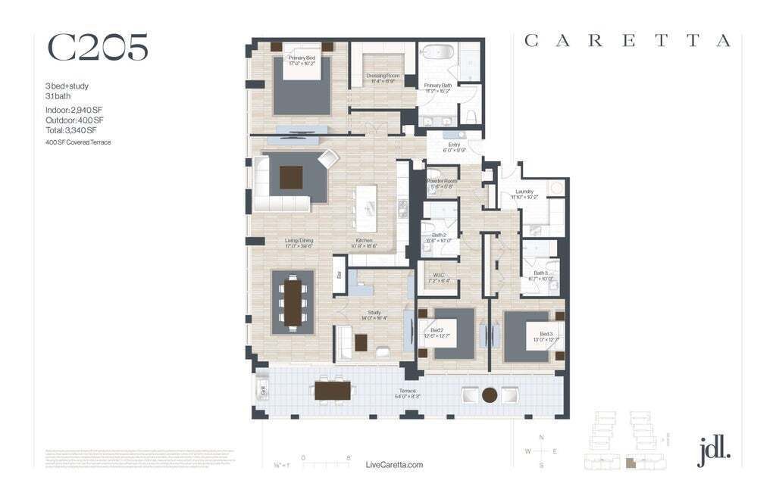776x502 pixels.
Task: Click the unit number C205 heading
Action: pyautogui.click(x=98, y=48)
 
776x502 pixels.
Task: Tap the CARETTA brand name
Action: pyautogui.click(x=627, y=42)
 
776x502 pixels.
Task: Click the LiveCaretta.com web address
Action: pyautogui.click(x=394, y=465)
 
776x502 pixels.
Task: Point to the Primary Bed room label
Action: pyautogui.click(x=302, y=61)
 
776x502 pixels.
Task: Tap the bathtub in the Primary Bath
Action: pyautogui.click(x=436, y=54)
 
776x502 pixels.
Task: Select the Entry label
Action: pyautogui.click(x=455, y=147)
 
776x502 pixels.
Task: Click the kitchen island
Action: pyautogui.click(x=364, y=208)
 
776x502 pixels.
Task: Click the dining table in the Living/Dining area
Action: pyautogui.click(x=293, y=301)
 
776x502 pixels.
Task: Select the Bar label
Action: pyautogui.click(x=339, y=275)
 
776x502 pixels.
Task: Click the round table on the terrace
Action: pyautogui.click(x=490, y=394)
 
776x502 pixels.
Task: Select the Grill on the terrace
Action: pyautogui.click(x=263, y=390)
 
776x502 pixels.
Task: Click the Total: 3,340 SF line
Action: pyautogui.click(x=70, y=130)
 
